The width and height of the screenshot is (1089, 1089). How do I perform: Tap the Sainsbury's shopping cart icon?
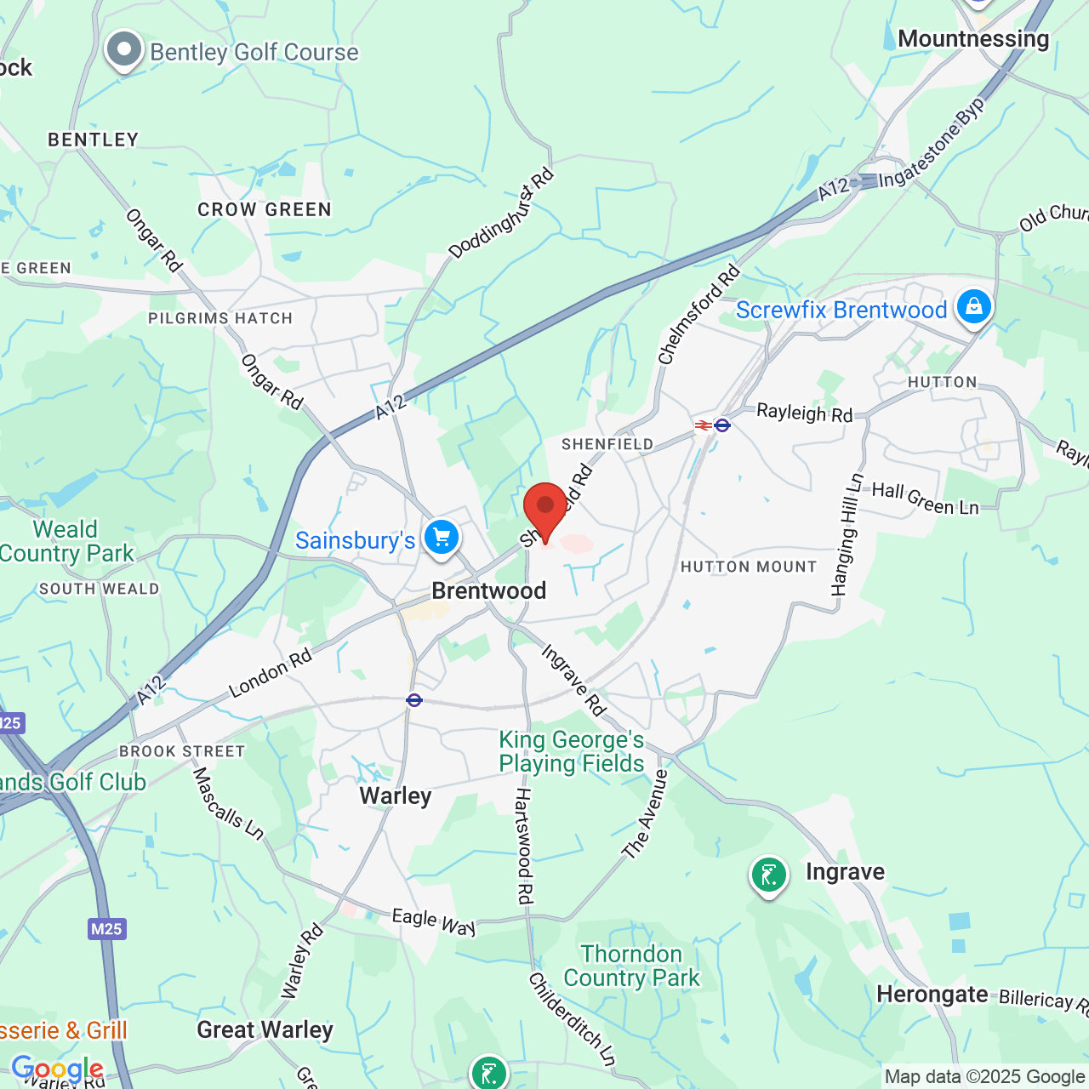click(x=442, y=537)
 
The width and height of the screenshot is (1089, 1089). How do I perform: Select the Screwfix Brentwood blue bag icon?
click(x=974, y=305)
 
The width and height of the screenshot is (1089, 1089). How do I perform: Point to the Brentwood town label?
click(x=488, y=590)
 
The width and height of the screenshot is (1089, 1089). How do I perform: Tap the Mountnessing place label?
click(x=973, y=39)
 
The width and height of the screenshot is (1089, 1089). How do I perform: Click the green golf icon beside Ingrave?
click(x=768, y=875)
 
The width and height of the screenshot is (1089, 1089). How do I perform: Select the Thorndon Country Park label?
click(x=631, y=966)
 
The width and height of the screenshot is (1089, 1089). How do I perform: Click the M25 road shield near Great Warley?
click(x=106, y=928)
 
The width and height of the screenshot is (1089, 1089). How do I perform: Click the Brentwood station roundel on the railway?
click(x=414, y=700)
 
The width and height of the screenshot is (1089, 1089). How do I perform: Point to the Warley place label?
click(x=396, y=795)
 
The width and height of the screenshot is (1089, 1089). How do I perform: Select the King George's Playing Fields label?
click(x=571, y=751)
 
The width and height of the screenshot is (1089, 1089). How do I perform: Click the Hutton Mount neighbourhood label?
click(x=749, y=567)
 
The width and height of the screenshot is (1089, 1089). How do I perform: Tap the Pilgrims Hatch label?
click(x=220, y=318)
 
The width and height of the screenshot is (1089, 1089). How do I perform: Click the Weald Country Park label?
click(x=66, y=541)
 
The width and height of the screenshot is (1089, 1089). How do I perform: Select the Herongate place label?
click(x=932, y=994)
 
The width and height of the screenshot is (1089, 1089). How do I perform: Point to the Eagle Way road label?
click(x=433, y=921)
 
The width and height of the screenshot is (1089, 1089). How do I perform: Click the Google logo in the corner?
click(x=57, y=1069)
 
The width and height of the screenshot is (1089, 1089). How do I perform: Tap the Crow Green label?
click(x=265, y=209)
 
